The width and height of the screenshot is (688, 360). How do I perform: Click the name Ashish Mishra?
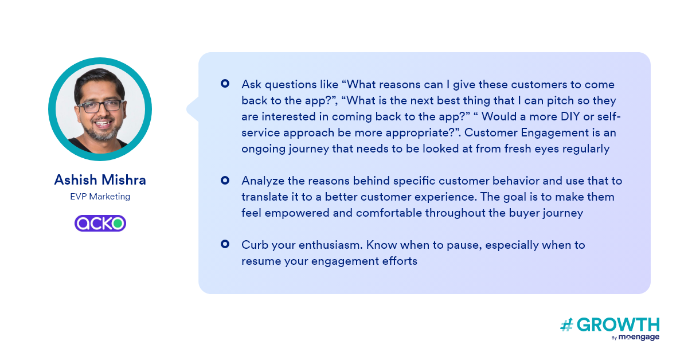pyautogui.click(x=100, y=180)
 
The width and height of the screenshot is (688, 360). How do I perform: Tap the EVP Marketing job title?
pyautogui.click(x=100, y=197)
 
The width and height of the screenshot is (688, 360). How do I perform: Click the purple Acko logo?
pyautogui.click(x=100, y=224)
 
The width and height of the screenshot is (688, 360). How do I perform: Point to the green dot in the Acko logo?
pyautogui.click(x=118, y=224)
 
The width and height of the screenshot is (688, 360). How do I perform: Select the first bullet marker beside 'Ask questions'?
pyautogui.click(x=225, y=84)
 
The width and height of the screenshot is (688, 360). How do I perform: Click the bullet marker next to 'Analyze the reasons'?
pyautogui.click(x=225, y=181)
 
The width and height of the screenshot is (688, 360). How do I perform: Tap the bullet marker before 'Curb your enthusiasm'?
pyautogui.click(x=225, y=244)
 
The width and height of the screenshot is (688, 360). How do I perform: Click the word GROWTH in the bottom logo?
pyautogui.click(x=618, y=324)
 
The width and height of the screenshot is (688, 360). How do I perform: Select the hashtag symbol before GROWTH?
pyautogui.click(x=566, y=325)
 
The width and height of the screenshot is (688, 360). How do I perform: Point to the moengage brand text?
pyautogui.click(x=639, y=337)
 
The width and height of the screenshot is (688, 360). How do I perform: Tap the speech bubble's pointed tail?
pyautogui.click(x=191, y=109)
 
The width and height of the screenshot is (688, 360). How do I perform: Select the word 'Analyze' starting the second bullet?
pyautogui.click(x=263, y=181)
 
